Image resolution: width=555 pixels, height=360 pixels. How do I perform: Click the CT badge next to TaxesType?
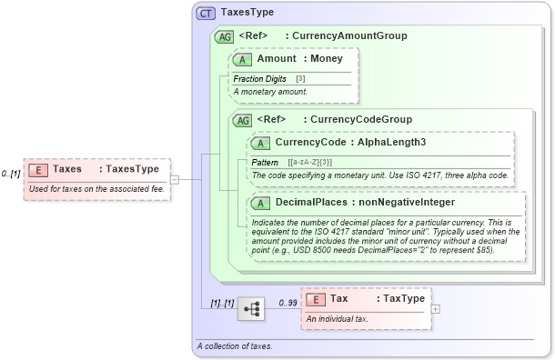click(x=206, y=14)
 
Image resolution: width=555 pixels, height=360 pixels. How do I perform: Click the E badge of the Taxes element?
click(x=39, y=168)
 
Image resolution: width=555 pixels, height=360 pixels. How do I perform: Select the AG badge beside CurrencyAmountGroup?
click(x=223, y=36)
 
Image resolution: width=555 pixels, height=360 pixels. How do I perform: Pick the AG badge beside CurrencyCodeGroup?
click(x=243, y=119)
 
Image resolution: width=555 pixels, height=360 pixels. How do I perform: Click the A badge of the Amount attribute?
click(x=243, y=59)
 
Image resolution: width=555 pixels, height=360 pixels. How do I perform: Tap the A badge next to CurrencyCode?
click(x=261, y=142)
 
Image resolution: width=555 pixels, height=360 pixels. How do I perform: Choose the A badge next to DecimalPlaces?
click(x=261, y=202)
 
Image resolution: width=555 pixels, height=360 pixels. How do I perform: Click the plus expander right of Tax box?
click(x=435, y=309)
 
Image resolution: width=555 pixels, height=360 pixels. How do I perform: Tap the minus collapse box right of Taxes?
click(x=174, y=179)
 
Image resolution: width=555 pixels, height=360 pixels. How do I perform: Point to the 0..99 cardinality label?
click(x=288, y=303)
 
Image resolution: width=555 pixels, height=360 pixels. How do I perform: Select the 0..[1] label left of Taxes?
click(x=11, y=173)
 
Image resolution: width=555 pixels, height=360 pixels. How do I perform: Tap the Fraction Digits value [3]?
click(x=300, y=79)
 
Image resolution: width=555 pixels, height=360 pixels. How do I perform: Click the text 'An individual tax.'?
click(x=338, y=319)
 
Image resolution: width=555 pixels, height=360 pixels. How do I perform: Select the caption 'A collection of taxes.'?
click(x=235, y=346)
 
